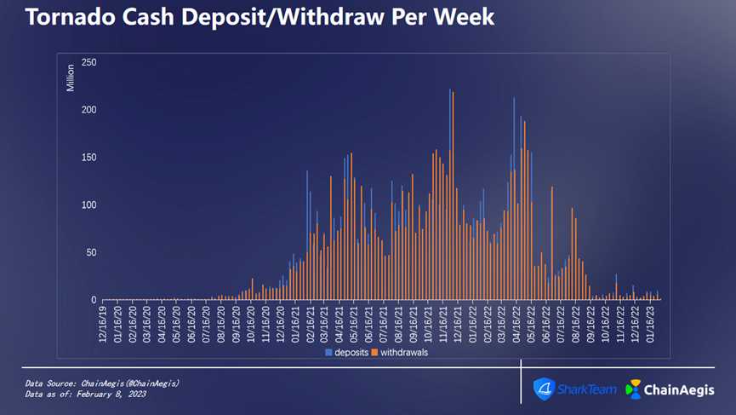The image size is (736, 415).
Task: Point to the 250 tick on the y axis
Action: point(88,63)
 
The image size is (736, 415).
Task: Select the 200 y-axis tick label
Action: point(88,110)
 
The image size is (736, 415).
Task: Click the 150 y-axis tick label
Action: point(88,158)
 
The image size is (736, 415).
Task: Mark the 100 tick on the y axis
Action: point(88,205)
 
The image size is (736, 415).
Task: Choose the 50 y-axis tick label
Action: point(91,253)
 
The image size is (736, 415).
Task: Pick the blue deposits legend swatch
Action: point(328,352)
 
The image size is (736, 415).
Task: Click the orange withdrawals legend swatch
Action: point(374,352)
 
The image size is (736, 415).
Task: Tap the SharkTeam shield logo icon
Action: point(543,389)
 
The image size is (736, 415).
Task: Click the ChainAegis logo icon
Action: point(633,389)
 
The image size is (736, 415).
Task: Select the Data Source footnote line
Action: point(102,383)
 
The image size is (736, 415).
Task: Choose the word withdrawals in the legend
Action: point(404,352)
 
